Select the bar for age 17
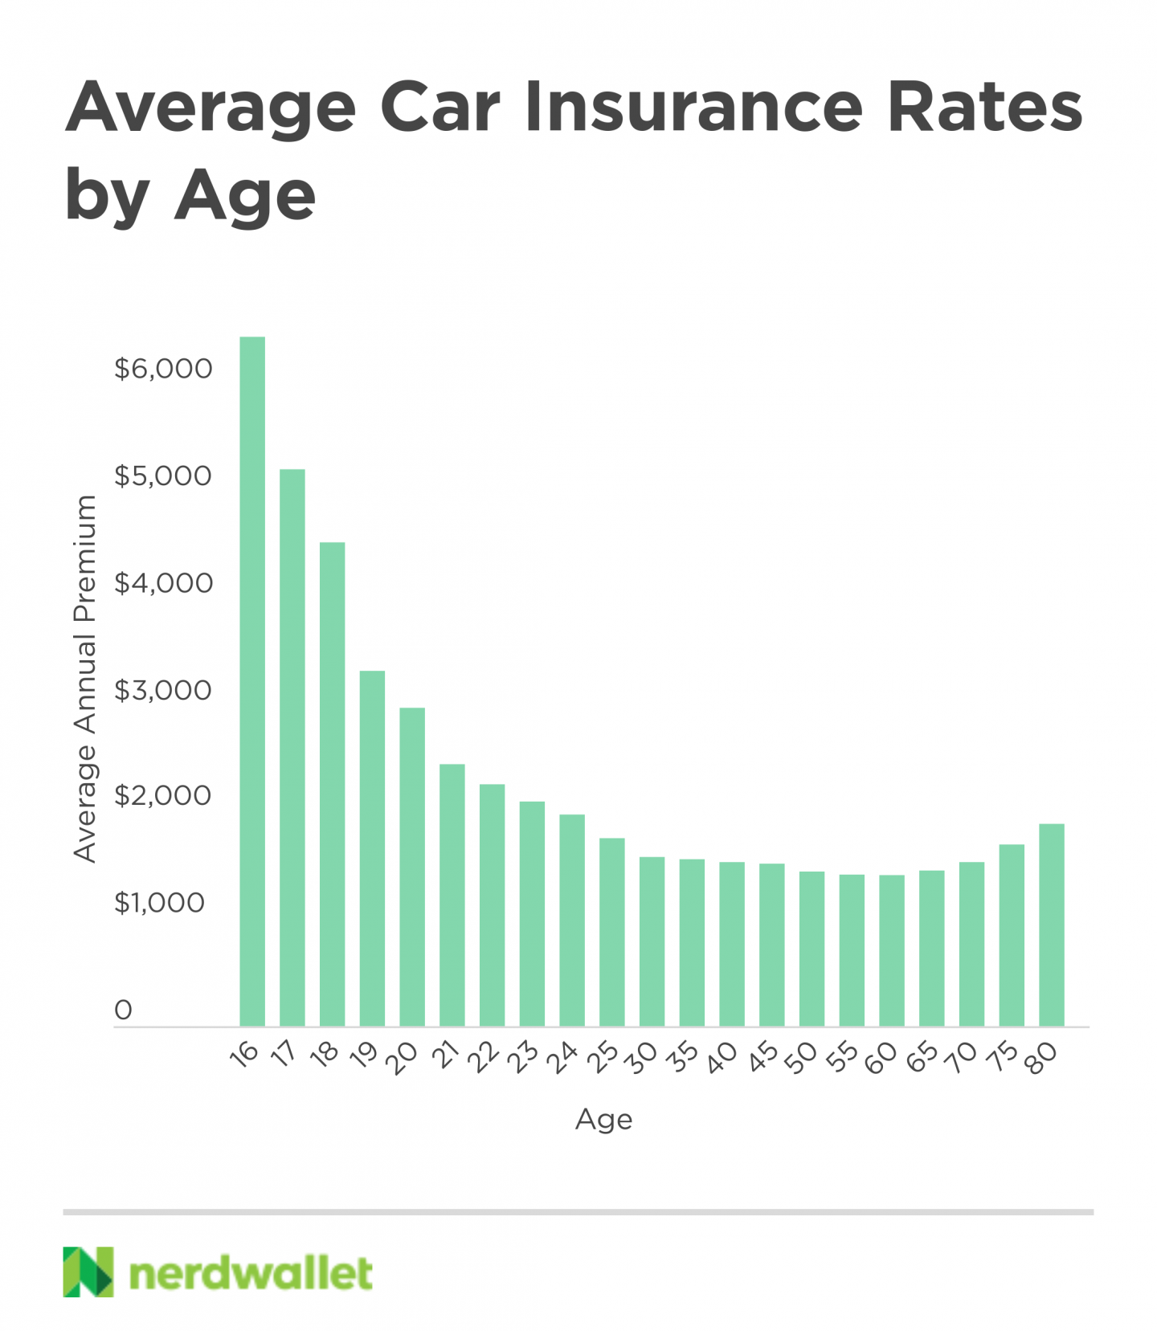pos(292,747)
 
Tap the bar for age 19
pos(372,848)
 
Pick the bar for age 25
pos(612,932)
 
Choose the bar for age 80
pos(1052,925)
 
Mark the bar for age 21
pos(452,895)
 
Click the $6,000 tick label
pos(163,369)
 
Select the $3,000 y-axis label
pos(163,690)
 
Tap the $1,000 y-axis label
pos(160,903)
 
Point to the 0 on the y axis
pos(123,1010)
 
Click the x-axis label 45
pos(763,1057)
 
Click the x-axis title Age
pos(604,1119)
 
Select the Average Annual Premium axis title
pos(85,679)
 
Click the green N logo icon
pos(88,1272)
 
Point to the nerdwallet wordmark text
pos(251,1273)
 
